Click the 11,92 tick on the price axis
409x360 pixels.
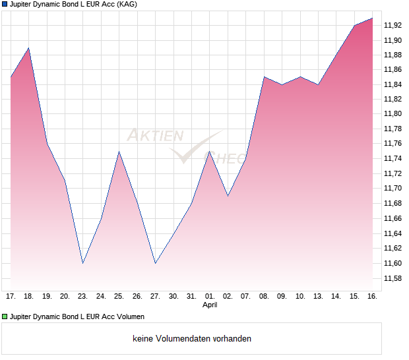pyautogui.click(x=393, y=25)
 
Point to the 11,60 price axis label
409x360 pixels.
pyautogui.click(x=393, y=263)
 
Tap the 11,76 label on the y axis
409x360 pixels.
pyautogui.click(x=393, y=144)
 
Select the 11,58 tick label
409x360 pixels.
pyautogui.click(x=393, y=278)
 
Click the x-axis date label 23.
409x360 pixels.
pyautogui.click(x=83, y=296)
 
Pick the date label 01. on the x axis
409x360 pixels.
pyautogui.click(x=210, y=296)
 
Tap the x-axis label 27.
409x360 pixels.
pyautogui.click(x=155, y=296)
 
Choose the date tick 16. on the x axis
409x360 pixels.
pyautogui.click(x=372, y=296)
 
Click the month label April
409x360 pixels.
pyautogui.click(x=210, y=305)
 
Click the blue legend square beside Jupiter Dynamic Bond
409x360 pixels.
pyautogui.click(x=5, y=5)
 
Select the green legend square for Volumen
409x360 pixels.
pyautogui.click(x=5, y=317)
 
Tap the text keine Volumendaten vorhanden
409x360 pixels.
pyautogui.click(x=192, y=339)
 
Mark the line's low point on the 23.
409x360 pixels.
pyautogui.click(x=83, y=263)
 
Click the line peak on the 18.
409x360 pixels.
pyautogui.click(x=28, y=47)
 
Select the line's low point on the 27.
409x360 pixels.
pyautogui.click(x=155, y=263)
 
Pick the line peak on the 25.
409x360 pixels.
pyautogui.click(x=119, y=152)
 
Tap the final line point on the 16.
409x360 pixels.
pyautogui.click(x=372, y=18)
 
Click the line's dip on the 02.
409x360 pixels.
pyautogui.click(x=228, y=196)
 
